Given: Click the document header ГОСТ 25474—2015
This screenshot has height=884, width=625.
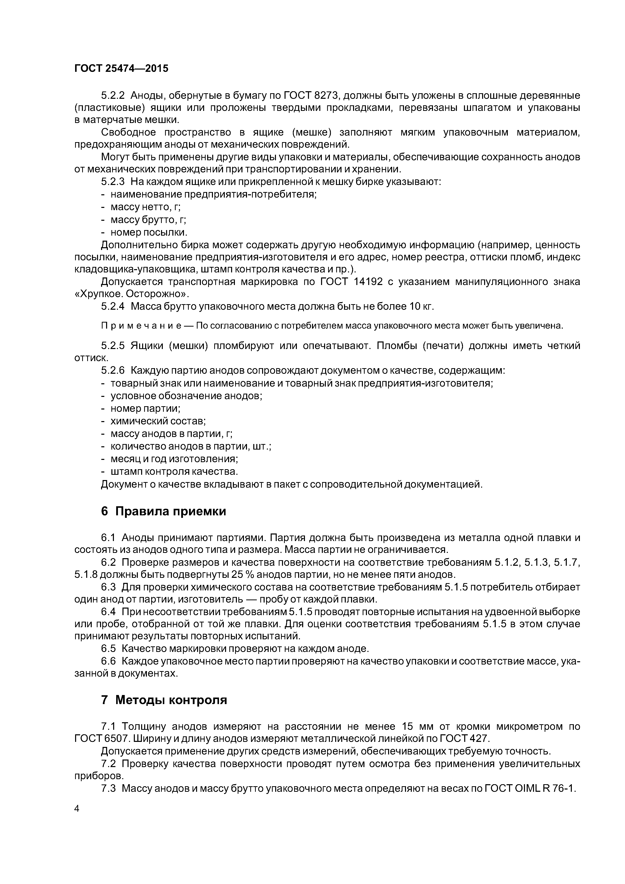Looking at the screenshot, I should tap(121, 69).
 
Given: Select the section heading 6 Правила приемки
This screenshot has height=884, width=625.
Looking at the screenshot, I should tap(163, 511).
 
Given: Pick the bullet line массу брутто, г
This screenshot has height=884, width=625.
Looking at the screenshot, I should tap(148, 220).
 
